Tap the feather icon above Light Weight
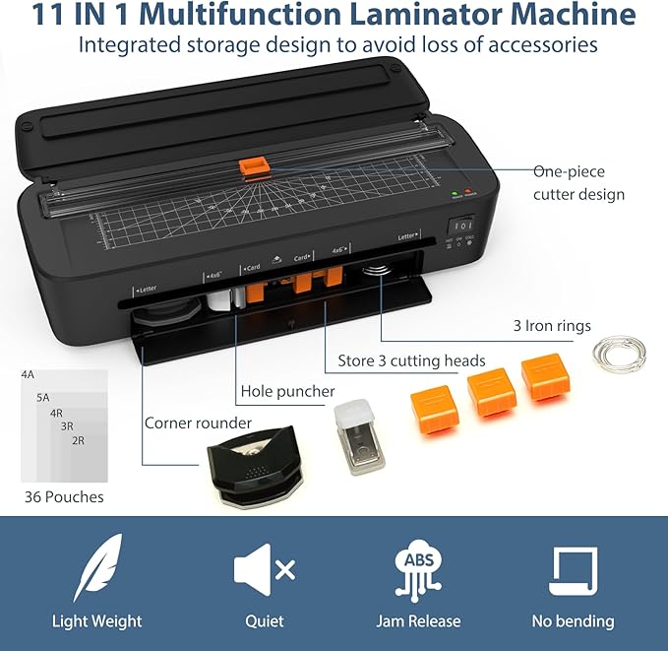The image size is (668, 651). pyautogui.click(x=97, y=568)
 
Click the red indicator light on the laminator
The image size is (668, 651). pyautogui.click(x=470, y=193)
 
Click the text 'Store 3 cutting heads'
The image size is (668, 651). pyautogui.click(x=411, y=359)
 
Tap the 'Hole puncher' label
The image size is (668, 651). pyautogui.click(x=288, y=391)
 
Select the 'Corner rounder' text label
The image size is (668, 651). pyautogui.click(x=198, y=423)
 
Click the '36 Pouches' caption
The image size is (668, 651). pyautogui.click(x=62, y=495)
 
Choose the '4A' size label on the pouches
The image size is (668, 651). pyautogui.click(x=28, y=375)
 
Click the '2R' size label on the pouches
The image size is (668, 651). pyautogui.click(x=78, y=440)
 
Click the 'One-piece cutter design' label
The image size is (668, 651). pyautogui.click(x=578, y=182)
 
